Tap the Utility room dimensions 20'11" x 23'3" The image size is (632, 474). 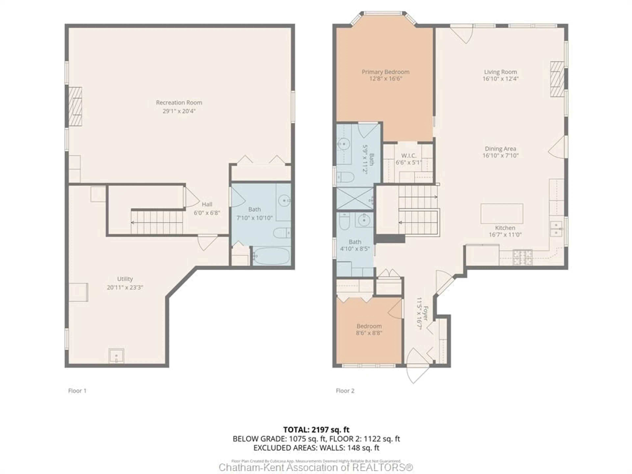pos(125,287)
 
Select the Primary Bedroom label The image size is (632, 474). pos(385,72)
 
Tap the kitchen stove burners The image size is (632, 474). pos(523,257)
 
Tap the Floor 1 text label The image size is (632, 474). pos(77,391)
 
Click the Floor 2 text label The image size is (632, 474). pos(345,391)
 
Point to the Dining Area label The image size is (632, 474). pos(500,149)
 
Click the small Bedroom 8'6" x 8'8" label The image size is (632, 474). pos(369,326)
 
